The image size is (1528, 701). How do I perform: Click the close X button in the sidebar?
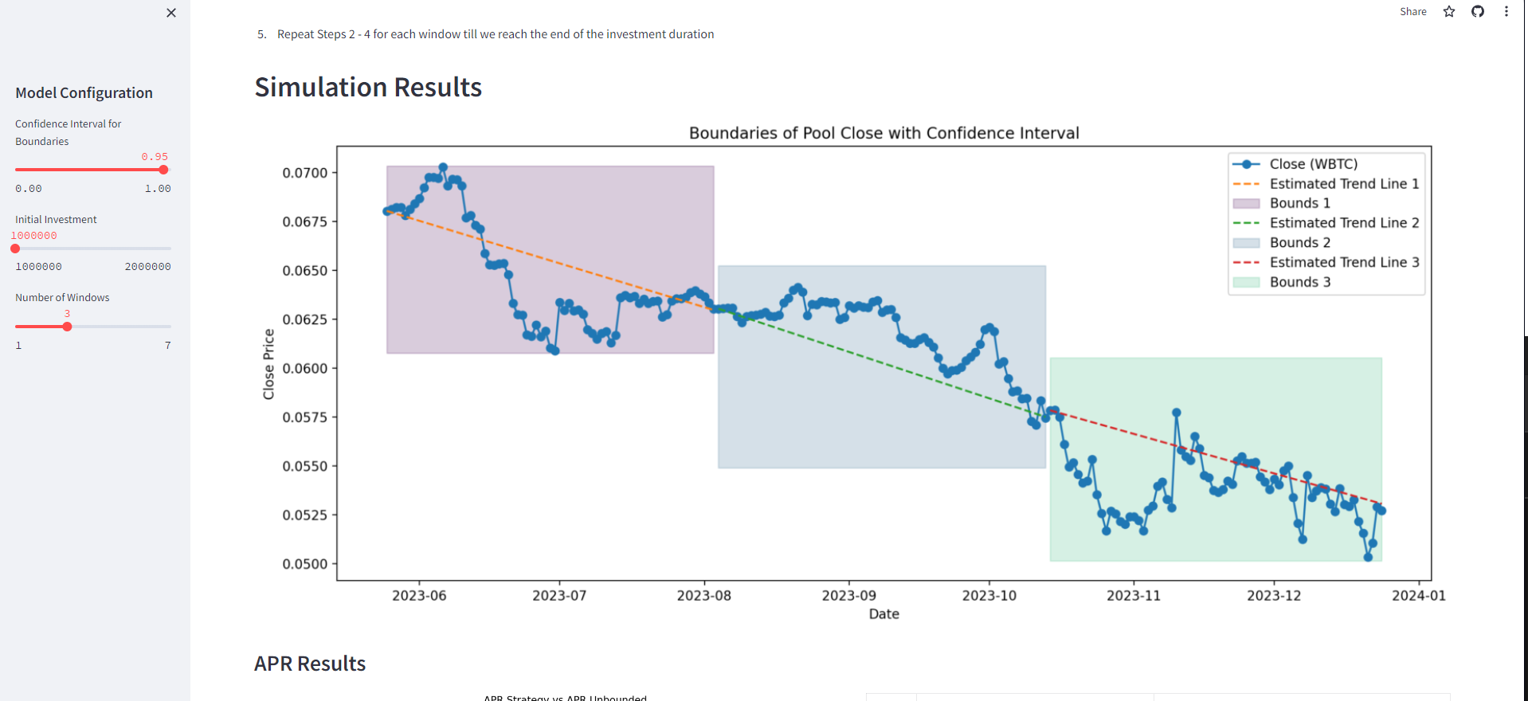(x=171, y=13)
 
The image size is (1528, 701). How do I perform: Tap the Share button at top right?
(x=1412, y=12)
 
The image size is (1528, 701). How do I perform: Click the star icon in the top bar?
(x=1449, y=12)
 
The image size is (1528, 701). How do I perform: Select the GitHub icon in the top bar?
(x=1478, y=12)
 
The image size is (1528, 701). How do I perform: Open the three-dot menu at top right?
(x=1506, y=12)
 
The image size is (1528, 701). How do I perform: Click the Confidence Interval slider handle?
(x=163, y=170)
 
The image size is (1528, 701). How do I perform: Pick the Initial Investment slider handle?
(x=15, y=249)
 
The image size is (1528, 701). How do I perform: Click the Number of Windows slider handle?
(x=67, y=327)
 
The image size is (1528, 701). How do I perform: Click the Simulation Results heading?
(x=368, y=87)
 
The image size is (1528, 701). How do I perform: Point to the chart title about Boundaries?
(x=883, y=133)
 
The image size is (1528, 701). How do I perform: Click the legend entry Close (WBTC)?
(x=1313, y=164)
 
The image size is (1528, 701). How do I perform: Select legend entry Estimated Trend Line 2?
(x=1344, y=223)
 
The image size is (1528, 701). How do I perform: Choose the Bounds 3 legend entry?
(x=1299, y=282)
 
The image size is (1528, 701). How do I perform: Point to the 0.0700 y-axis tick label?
(x=305, y=173)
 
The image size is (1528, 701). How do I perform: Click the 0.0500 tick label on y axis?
(x=305, y=564)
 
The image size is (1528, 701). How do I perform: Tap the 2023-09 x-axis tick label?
(x=848, y=596)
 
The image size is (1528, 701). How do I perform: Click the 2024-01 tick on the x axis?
(x=1418, y=596)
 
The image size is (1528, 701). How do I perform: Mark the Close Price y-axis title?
(x=268, y=364)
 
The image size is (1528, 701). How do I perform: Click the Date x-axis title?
(x=883, y=614)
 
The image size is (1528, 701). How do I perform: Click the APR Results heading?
(x=310, y=664)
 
